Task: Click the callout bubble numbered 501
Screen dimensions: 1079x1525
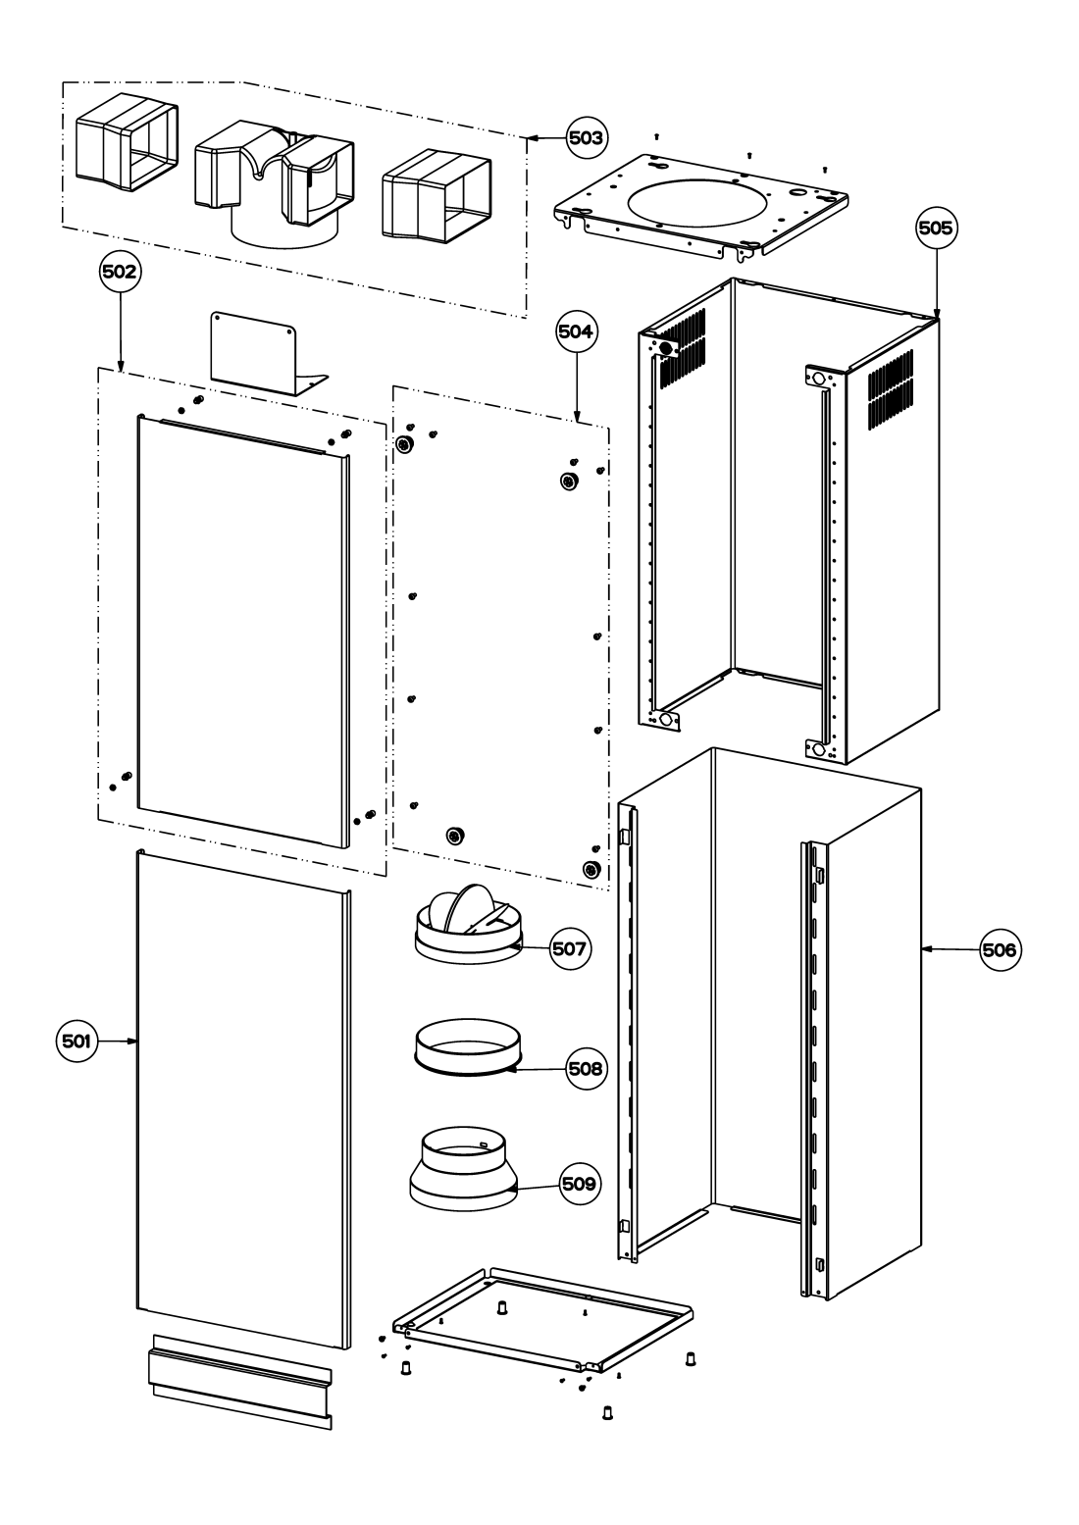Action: click(77, 1041)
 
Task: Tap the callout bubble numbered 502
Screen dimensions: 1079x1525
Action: click(120, 272)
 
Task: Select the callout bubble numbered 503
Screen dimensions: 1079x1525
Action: click(587, 138)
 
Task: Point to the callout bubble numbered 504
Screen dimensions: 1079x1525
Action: click(577, 331)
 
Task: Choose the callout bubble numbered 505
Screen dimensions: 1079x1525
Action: click(936, 229)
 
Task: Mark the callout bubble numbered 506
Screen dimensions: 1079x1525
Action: click(1000, 949)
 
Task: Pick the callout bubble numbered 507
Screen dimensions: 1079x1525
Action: click(570, 948)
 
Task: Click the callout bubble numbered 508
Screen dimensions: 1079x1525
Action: click(587, 1069)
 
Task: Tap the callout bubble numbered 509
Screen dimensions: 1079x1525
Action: click(580, 1184)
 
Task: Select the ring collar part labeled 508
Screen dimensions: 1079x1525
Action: click(468, 1047)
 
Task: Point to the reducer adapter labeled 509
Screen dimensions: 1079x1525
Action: click(464, 1168)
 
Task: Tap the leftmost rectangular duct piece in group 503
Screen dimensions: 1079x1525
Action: click(127, 142)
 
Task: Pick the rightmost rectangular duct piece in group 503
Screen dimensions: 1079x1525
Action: click(437, 195)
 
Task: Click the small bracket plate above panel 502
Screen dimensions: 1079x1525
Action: click(269, 353)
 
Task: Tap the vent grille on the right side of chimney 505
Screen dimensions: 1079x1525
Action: click(891, 388)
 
